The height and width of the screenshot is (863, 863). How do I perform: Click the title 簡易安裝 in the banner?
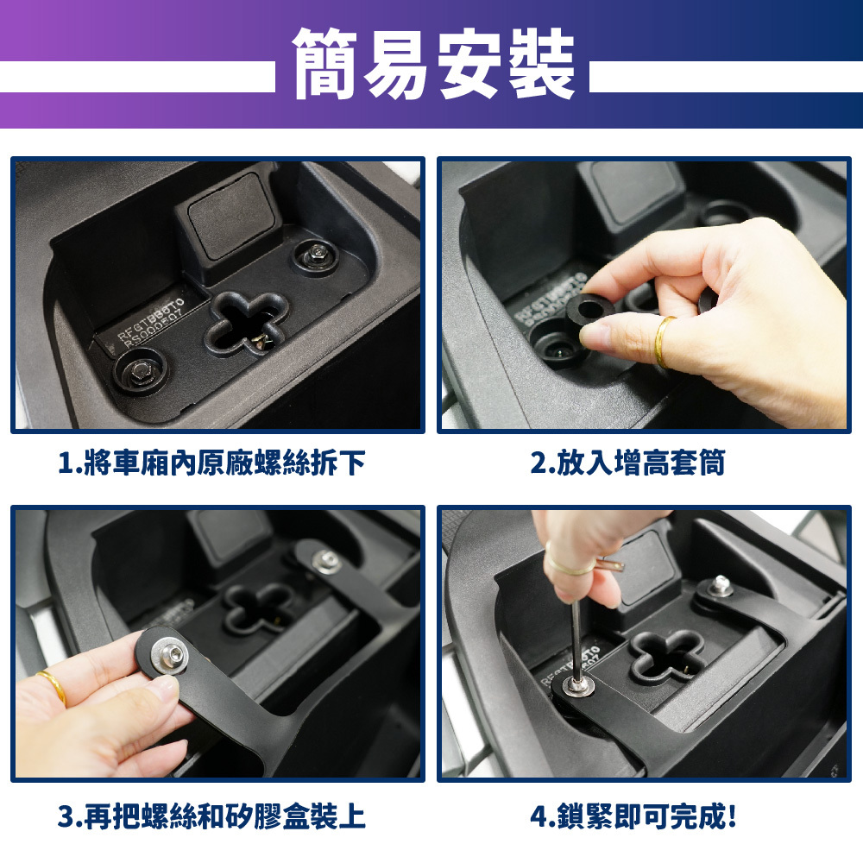tap(433, 64)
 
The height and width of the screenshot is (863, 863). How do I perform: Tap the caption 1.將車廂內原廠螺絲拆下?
tap(212, 463)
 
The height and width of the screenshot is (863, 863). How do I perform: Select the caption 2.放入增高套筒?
tap(627, 463)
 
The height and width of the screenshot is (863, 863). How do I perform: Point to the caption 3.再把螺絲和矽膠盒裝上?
tap(212, 816)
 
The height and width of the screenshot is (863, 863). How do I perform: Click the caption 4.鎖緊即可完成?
tap(633, 816)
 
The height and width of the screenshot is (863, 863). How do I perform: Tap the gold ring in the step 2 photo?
tap(663, 341)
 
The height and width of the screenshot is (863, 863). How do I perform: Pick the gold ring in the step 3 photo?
tap(53, 687)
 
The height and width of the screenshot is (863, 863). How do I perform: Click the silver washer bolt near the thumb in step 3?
tap(168, 656)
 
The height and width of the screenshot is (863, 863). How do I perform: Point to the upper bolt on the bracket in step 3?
tap(326, 562)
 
